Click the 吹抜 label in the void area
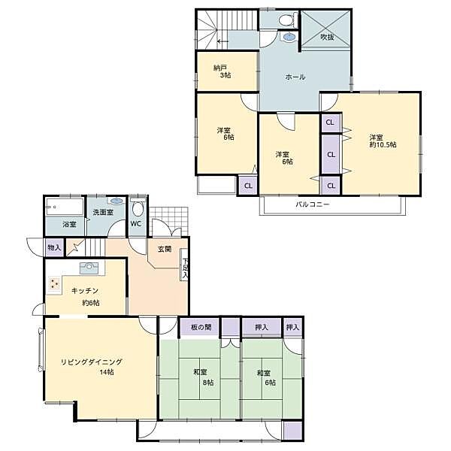point(327,37)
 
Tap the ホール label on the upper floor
point(295,77)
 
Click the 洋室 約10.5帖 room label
point(383,141)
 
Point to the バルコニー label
point(313,204)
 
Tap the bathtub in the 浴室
point(65,206)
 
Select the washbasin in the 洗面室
point(117,201)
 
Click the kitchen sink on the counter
point(89,268)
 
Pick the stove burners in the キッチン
point(54,283)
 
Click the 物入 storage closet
point(54,247)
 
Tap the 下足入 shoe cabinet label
point(185,268)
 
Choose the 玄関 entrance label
point(165,249)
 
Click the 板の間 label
point(201,327)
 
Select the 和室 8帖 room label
point(204,377)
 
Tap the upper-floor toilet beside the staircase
point(287,20)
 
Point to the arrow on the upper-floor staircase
point(222,41)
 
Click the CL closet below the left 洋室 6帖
point(248,186)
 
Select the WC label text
point(135,224)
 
